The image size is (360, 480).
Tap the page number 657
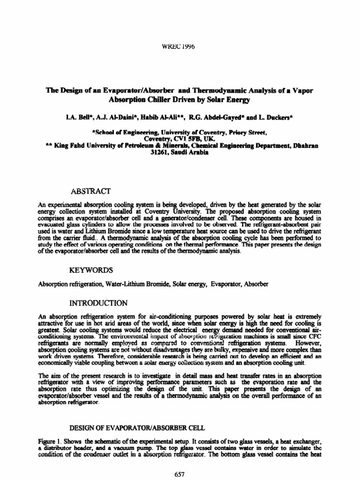(x=180, y=474)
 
